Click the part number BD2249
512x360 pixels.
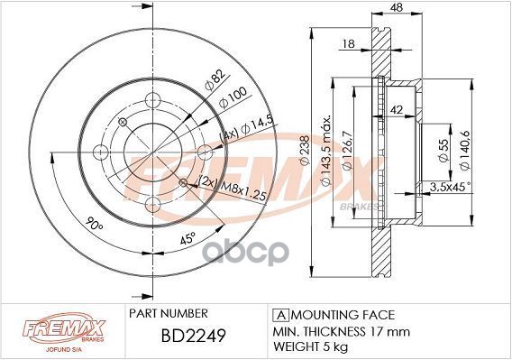(x=193, y=335)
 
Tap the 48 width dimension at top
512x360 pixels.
(x=397, y=7)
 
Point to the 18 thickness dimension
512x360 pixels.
(x=349, y=43)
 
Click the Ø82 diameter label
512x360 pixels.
(x=215, y=81)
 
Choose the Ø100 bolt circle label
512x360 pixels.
(x=233, y=97)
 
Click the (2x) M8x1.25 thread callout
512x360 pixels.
(x=232, y=189)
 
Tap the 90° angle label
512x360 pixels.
(x=94, y=224)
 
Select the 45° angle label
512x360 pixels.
(x=187, y=239)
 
